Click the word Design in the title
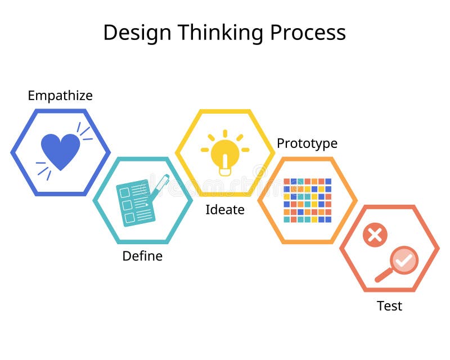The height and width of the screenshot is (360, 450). [136, 33]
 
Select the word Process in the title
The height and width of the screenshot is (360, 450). [308, 33]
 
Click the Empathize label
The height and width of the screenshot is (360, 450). [60, 96]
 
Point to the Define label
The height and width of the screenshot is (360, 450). [142, 256]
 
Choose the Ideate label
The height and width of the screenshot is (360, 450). [225, 210]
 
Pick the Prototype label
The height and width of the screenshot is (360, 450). [307, 143]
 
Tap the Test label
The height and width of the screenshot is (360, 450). [389, 306]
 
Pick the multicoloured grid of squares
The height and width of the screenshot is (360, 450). [307, 200]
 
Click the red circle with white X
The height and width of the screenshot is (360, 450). [375, 235]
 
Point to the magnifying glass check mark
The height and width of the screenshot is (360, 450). [404, 260]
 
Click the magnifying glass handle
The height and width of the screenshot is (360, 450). [384, 274]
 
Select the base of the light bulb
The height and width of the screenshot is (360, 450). [225, 168]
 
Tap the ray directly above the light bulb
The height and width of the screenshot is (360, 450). [225, 133]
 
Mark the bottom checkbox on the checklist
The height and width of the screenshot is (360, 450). [129, 217]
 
